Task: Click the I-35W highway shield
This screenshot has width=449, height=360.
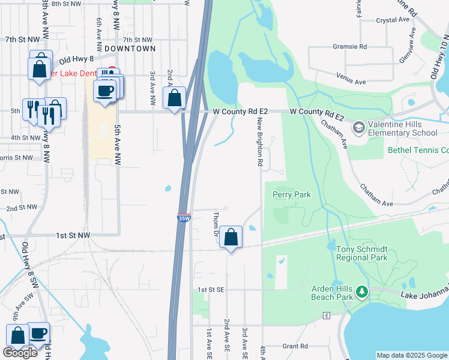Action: coord(184,218)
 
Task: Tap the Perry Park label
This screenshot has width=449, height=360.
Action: coord(292,194)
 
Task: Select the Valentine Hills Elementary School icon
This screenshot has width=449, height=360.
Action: coord(358,127)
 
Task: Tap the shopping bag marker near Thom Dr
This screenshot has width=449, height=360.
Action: coord(231,238)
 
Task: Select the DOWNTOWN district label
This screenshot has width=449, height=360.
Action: coord(130,48)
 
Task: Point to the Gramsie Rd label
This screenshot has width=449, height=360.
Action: coord(349,46)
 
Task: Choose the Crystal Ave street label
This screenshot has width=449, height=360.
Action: coord(393,20)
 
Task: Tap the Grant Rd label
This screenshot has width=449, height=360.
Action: coord(295,346)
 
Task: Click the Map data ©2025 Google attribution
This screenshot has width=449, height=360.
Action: coord(412,355)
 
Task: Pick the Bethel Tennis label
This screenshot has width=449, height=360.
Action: coord(418,150)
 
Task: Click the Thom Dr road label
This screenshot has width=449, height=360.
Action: coord(215,223)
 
